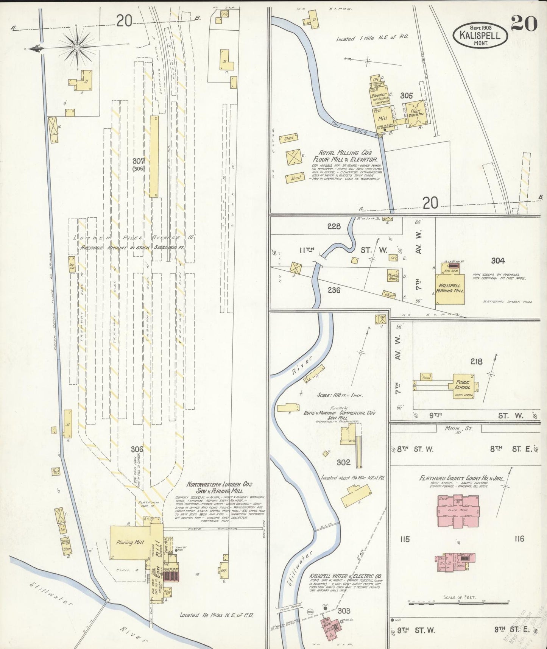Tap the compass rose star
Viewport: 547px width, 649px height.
point(77,47)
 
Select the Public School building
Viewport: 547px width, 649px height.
point(463,385)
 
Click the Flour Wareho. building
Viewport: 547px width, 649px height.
point(416,113)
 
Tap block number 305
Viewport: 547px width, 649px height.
point(407,96)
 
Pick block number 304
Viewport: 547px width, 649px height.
point(498,261)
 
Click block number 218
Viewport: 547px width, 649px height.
point(476,362)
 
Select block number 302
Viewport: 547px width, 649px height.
point(343,462)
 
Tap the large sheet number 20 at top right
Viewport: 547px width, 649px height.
point(524,25)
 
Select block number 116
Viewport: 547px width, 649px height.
point(519,539)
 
